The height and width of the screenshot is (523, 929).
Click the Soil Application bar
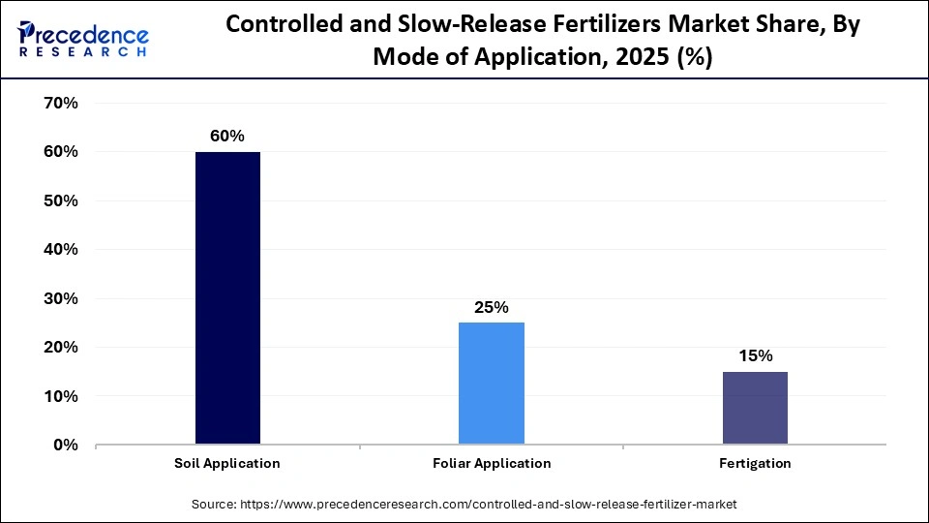227,298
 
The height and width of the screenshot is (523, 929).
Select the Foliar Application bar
492,384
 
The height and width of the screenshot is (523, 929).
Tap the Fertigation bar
755,408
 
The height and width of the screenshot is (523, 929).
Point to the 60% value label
227,137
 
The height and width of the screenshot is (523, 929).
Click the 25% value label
492,307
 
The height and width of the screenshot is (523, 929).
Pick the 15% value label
755,355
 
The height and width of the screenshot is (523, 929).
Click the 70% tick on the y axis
60,103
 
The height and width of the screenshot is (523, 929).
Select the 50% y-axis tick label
60,200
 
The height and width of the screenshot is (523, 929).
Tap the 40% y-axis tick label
60,249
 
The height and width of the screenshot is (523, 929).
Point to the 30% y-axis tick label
60,298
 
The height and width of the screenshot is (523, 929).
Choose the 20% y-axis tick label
60,347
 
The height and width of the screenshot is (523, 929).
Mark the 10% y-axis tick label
60,396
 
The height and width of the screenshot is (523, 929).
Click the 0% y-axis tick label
65,445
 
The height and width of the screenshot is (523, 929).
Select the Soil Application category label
227,463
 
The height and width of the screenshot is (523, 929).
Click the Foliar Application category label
492,463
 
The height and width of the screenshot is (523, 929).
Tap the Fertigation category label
755,463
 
